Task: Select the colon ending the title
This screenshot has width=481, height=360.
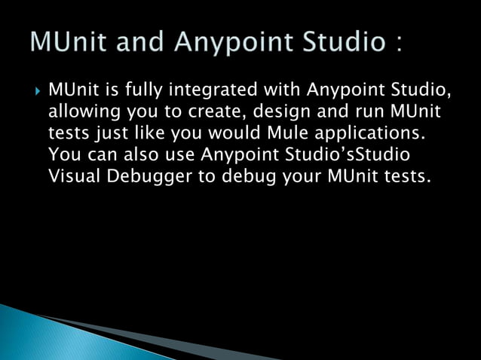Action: point(395,41)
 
